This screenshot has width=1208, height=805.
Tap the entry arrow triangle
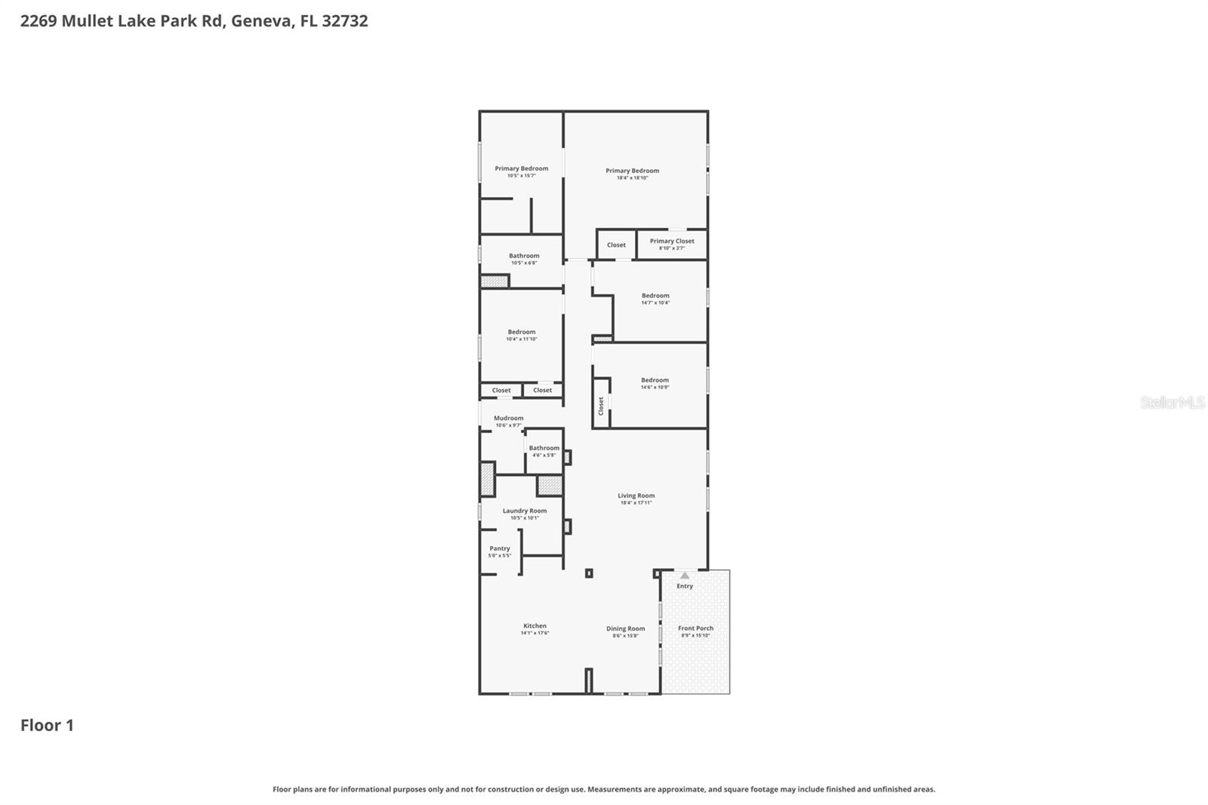tap(685, 575)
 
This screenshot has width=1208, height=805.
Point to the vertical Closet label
tap(601, 406)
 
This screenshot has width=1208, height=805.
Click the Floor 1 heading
tap(47, 725)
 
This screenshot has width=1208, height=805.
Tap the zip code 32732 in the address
tap(344, 20)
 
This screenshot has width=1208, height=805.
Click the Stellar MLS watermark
tap(1172, 402)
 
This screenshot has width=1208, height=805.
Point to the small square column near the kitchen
tap(589, 573)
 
